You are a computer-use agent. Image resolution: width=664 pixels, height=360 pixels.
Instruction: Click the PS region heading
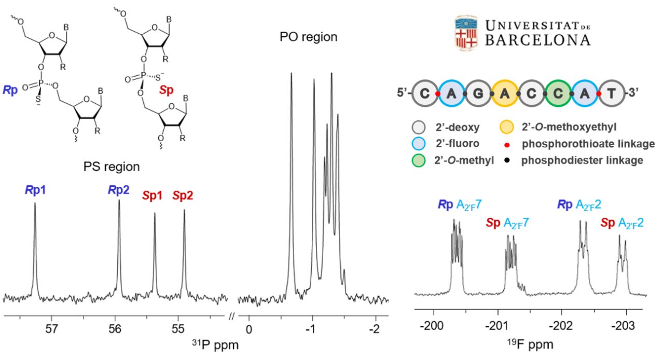click(112, 167)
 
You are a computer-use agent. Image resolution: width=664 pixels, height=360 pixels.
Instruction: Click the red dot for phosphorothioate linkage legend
click(507, 144)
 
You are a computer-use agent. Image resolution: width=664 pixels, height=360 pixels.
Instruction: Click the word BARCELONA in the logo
click(537, 40)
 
